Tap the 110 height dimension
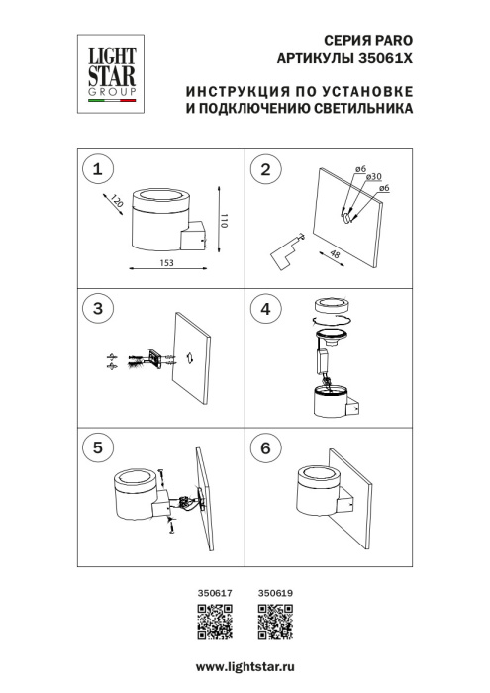pyautogui.click(x=226, y=220)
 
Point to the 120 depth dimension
pyautogui.click(x=118, y=201)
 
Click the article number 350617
pyautogui.click(x=215, y=594)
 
